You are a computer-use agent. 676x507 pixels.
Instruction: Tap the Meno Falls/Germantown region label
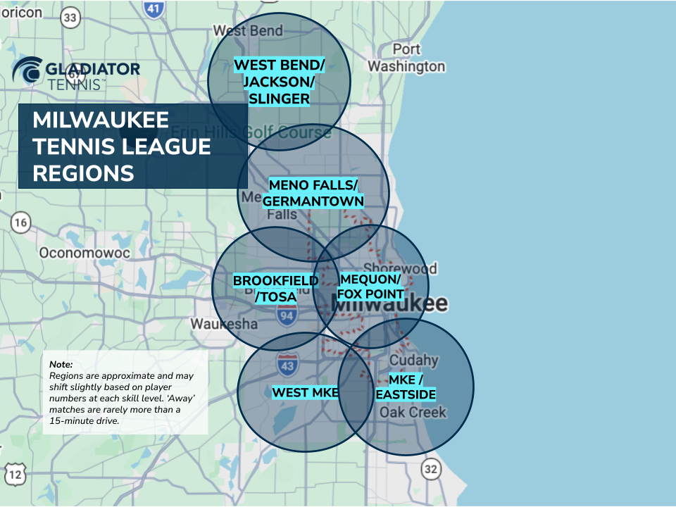[313, 193]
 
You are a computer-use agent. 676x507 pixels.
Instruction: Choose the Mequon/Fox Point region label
[370, 286]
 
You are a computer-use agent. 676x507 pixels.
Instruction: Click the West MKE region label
[306, 392]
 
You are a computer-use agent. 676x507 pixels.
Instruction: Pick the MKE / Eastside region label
[405, 387]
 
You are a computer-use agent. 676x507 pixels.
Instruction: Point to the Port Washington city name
[406, 58]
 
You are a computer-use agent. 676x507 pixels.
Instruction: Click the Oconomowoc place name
[75, 252]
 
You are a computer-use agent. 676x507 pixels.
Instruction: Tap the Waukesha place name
[224, 324]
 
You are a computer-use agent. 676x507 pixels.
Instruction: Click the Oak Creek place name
[413, 412]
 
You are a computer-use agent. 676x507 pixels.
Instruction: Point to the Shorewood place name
[410, 268]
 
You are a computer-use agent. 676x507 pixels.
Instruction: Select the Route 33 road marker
[70, 18]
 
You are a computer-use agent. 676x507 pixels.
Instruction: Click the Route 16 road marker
[21, 224]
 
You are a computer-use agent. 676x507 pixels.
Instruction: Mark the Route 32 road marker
[431, 468]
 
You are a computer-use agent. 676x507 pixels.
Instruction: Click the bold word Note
[61, 365]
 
